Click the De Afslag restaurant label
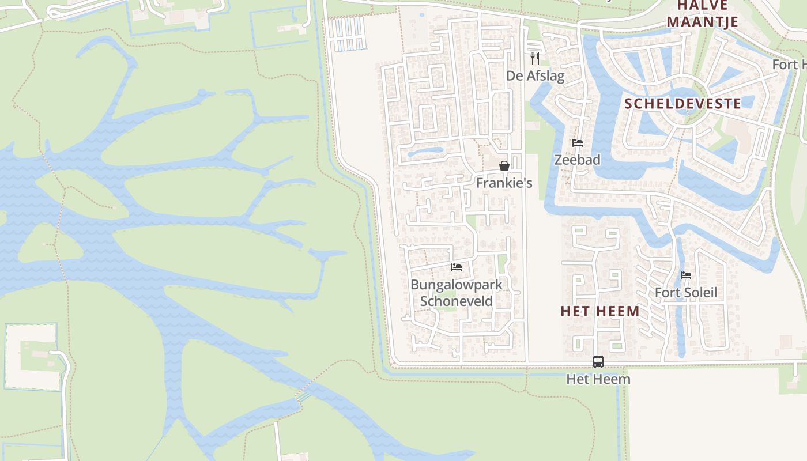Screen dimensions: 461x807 coord(535,75)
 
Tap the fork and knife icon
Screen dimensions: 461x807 coord(535,58)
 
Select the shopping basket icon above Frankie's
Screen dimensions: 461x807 coord(504,166)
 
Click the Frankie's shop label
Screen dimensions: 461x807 coord(504,183)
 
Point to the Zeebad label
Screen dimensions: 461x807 coord(577,160)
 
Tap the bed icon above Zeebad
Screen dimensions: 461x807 coord(578,143)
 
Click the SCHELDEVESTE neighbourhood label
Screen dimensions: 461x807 coord(682,104)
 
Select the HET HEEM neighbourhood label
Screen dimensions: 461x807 coord(600,311)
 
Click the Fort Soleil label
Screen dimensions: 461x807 coord(686,293)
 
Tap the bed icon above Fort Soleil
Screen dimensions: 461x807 coord(686,275)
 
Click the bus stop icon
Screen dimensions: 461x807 coord(598,362)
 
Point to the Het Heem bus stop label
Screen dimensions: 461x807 coord(598,379)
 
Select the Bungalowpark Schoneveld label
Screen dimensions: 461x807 coord(457,293)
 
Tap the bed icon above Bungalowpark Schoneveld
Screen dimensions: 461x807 coord(457,267)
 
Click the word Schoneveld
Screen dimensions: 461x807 coord(457,301)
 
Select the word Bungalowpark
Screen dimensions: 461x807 coord(457,285)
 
